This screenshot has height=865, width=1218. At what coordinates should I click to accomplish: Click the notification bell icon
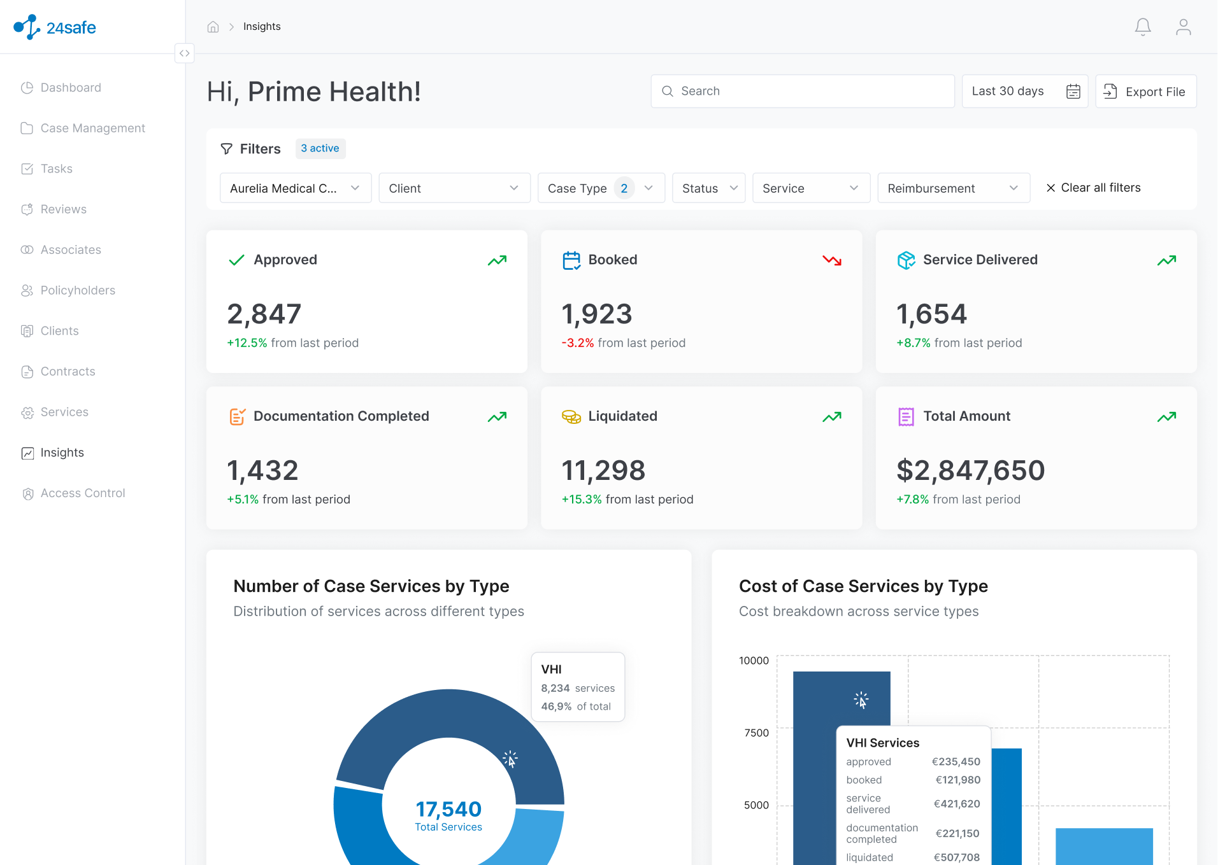(1143, 27)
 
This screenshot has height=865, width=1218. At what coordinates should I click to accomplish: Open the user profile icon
(1183, 27)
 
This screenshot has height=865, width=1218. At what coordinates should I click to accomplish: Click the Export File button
(1145, 92)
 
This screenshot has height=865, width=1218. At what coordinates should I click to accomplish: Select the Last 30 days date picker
(1025, 92)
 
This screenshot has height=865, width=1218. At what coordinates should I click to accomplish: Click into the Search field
(803, 92)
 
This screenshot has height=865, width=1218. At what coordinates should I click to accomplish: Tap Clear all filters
(1093, 188)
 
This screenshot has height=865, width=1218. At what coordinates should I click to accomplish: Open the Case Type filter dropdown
(601, 188)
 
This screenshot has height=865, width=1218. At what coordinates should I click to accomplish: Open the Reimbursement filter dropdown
(954, 188)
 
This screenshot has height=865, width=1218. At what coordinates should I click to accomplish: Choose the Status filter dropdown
(709, 188)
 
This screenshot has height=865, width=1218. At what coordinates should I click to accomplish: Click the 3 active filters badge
(320, 148)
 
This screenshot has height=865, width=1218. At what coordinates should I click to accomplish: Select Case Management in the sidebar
(93, 129)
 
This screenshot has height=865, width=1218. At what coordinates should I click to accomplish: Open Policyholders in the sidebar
(78, 291)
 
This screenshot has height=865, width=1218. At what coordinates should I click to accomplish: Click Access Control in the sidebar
(83, 493)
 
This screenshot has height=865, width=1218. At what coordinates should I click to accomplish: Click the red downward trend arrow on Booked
(832, 260)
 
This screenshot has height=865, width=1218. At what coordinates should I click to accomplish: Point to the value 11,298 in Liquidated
(603, 471)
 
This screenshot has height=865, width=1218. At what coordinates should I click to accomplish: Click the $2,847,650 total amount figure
(971, 471)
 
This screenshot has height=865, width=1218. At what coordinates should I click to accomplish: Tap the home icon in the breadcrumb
(213, 27)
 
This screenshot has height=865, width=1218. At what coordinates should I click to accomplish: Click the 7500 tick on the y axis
(757, 733)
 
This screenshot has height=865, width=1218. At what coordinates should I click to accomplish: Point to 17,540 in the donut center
(448, 809)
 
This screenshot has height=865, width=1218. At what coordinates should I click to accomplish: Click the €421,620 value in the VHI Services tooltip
(957, 804)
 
